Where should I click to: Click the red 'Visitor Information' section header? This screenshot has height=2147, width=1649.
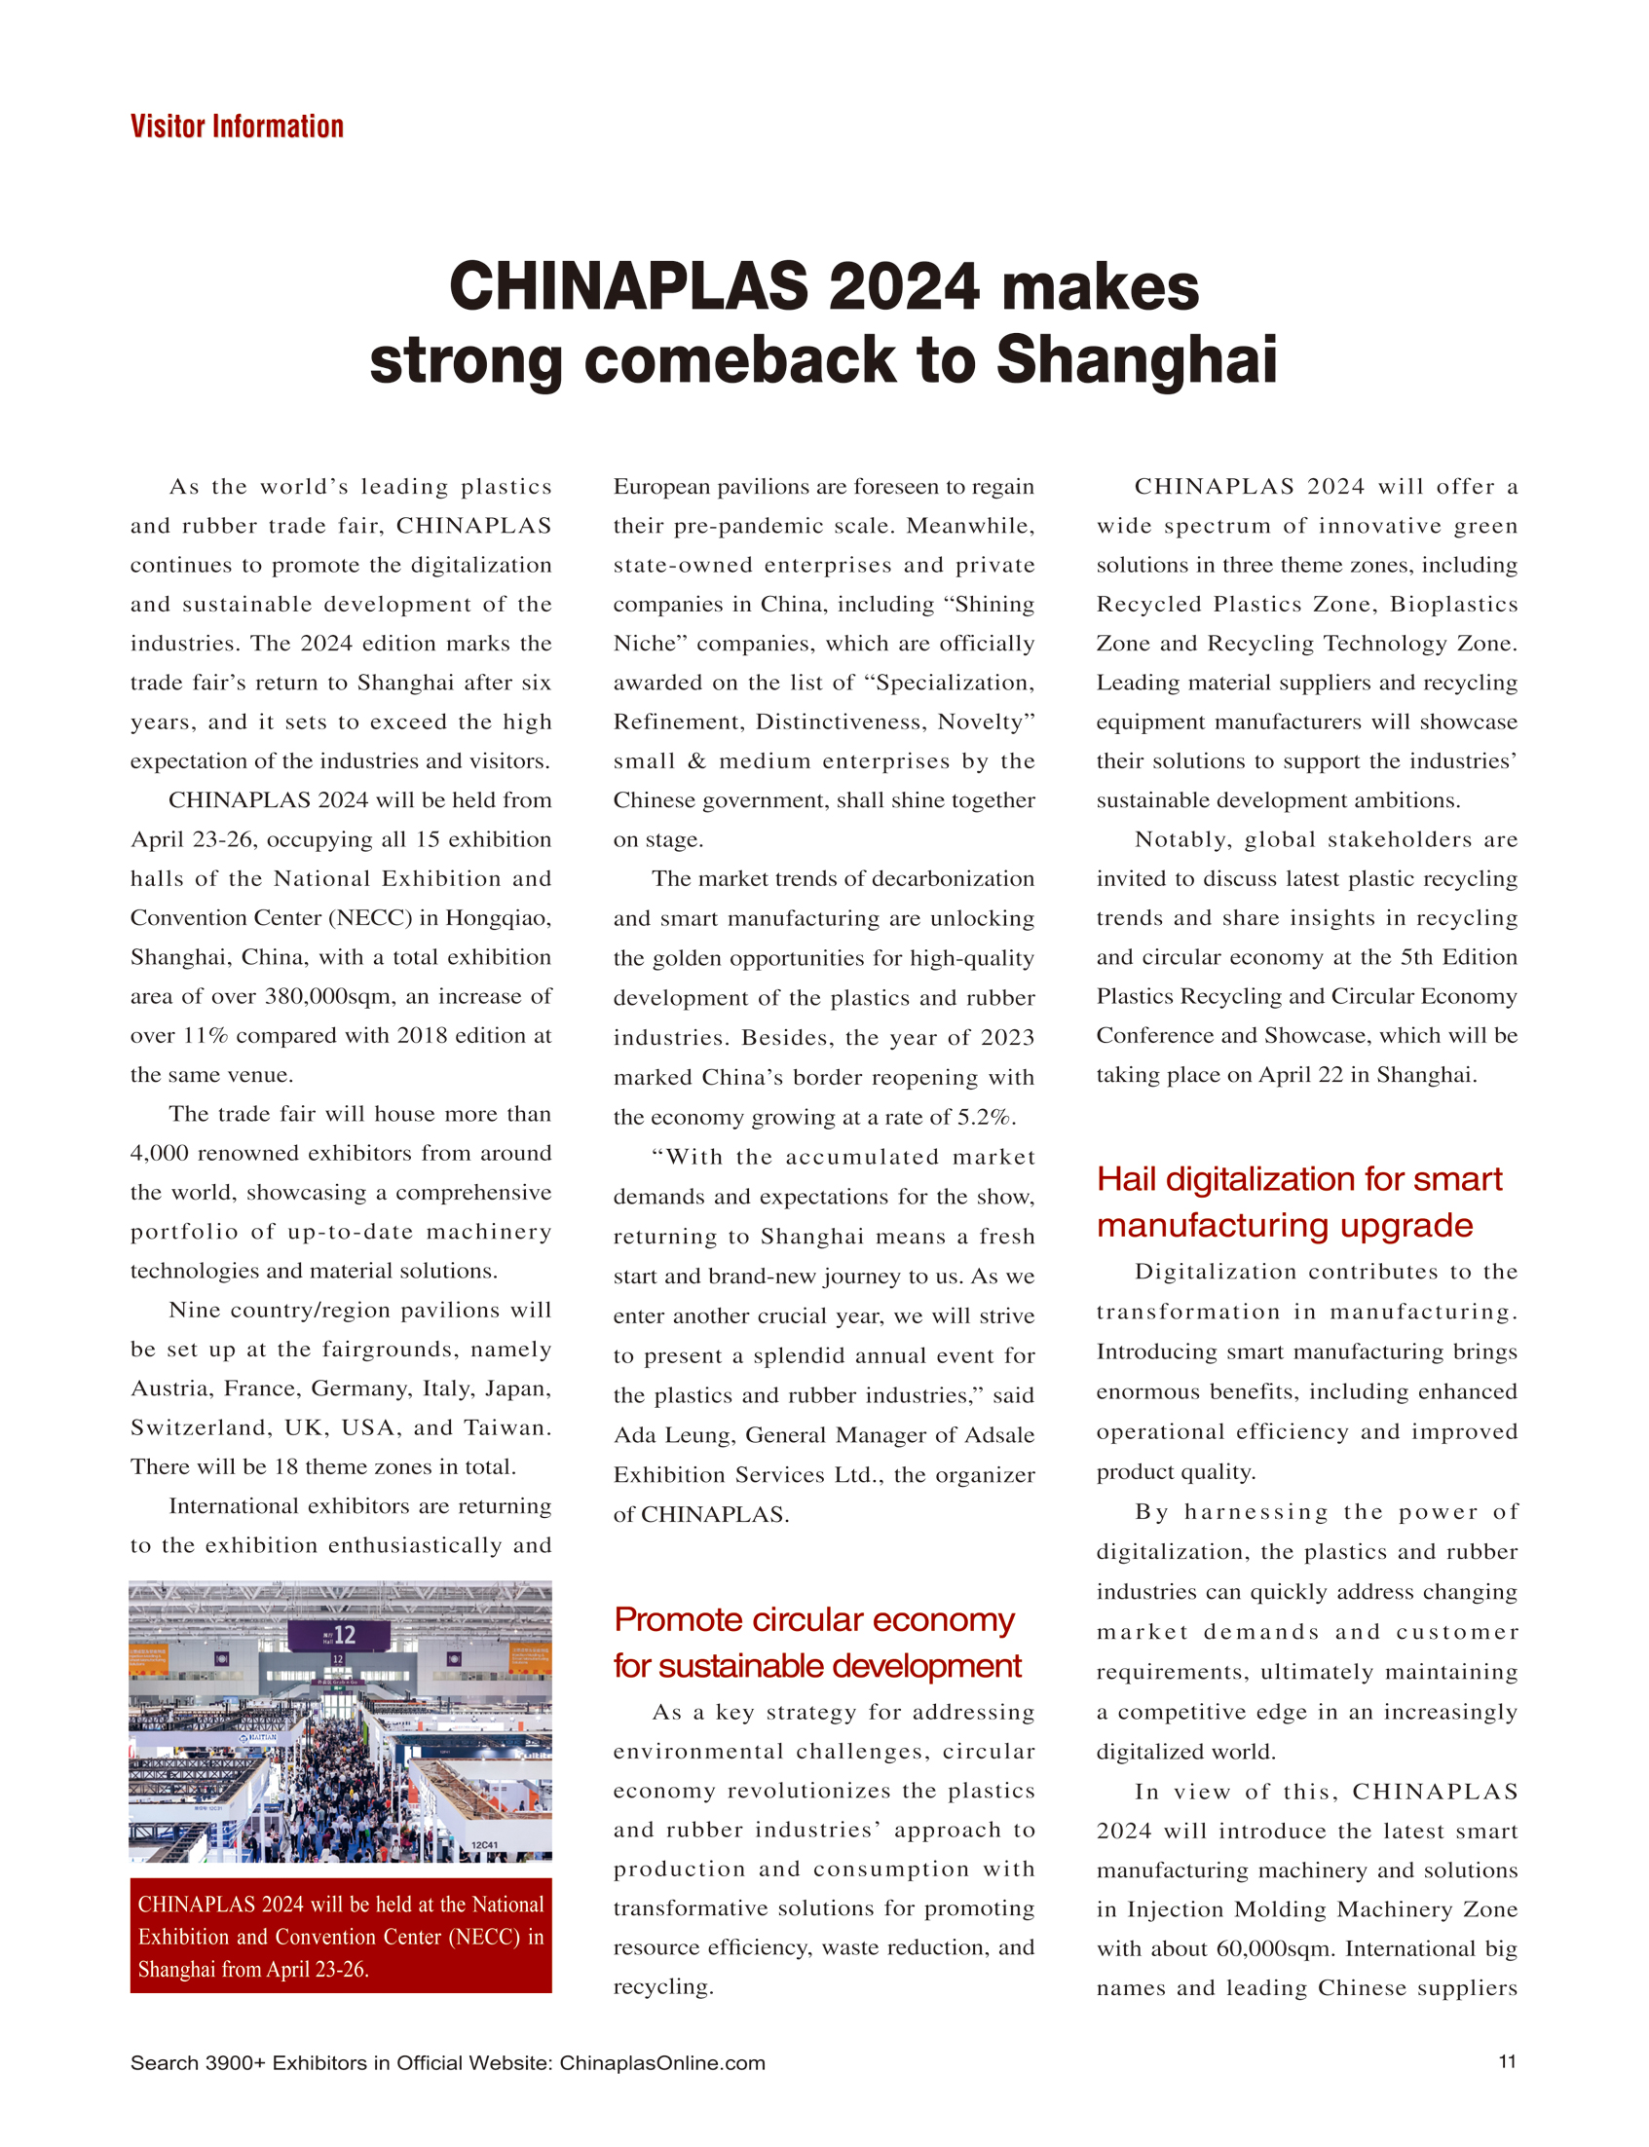point(237,127)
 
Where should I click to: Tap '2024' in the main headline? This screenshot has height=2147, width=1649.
point(903,286)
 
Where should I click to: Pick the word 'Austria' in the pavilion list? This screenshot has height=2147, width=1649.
point(170,1388)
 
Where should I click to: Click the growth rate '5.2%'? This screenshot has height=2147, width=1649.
point(987,1117)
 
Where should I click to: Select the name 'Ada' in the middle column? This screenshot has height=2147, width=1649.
point(633,1434)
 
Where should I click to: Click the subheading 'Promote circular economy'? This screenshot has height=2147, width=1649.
point(813,1619)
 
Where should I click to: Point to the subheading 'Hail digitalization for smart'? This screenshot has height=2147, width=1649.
point(1298,1178)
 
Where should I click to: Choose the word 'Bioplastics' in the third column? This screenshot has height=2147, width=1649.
point(1452,604)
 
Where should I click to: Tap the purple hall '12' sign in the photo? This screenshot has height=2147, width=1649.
point(340,1635)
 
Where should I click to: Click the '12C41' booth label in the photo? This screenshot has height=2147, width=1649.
point(485,1846)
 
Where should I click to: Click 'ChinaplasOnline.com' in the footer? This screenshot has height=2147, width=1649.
point(661,2062)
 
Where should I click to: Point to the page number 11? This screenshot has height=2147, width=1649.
point(1507,2061)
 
